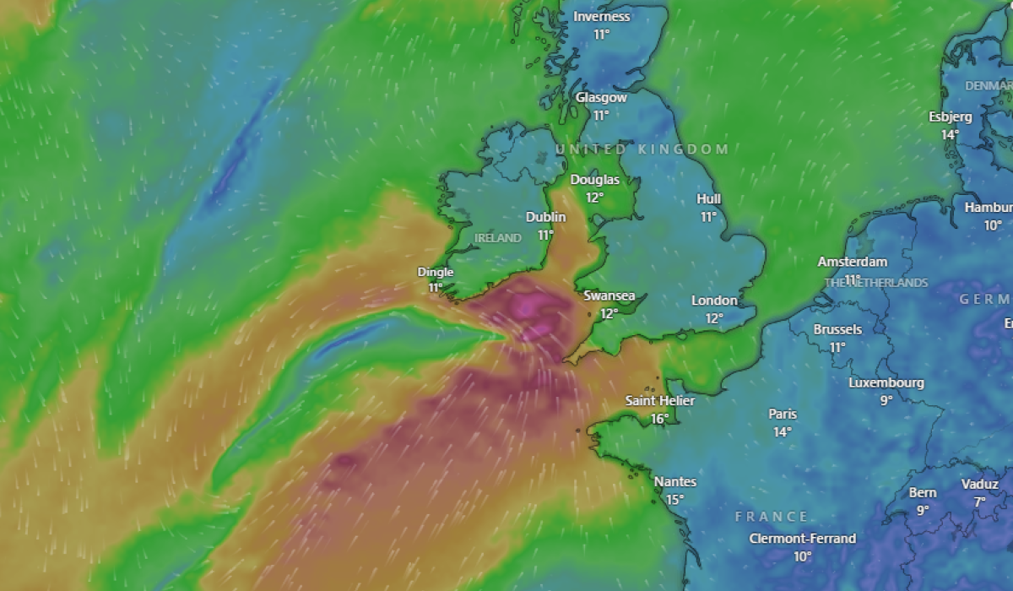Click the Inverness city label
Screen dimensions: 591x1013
pyautogui.click(x=601, y=17)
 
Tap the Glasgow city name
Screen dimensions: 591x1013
pyautogui.click(x=601, y=98)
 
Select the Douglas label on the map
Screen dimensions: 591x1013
pyautogui.click(x=594, y=180)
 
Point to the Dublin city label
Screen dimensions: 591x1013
pyautogui.click(x=545, y=217)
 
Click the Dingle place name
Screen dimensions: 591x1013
pyautogui.click(x=436, y=272)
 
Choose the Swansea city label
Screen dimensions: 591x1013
pyautogui.click(x=609, y=296)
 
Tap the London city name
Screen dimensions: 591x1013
pyautogui.click(x=714, y=301)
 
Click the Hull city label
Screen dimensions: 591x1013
pyautogui.click(x=708, y=199)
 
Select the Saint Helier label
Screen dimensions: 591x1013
pyautogui.click(x=660, y=400)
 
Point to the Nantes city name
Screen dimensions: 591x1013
pyautogui.click(x=675, y=482)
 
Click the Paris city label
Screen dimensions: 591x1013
pyautogui.click(x=783, y=415)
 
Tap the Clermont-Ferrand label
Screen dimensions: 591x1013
pyautogui.click(x=802, y=539)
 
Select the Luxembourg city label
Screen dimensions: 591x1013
pyautogui.click(x=886, y=382)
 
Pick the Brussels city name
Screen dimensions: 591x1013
pyautogui.click(x=837, y=329)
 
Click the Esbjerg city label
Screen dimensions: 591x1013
pyautogui.click(x=951, y=117)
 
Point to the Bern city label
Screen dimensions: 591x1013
pyautogui.click(x=923, y=493)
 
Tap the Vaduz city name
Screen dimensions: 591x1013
pyautogui.click(x=979, y=485)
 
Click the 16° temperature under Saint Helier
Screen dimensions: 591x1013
pyautogui.click(x=660, y=418)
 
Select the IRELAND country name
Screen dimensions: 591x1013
pyautogui.click(x=497, y=238)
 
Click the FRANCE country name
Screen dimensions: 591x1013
pyautogui.click(x=772, y=517)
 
